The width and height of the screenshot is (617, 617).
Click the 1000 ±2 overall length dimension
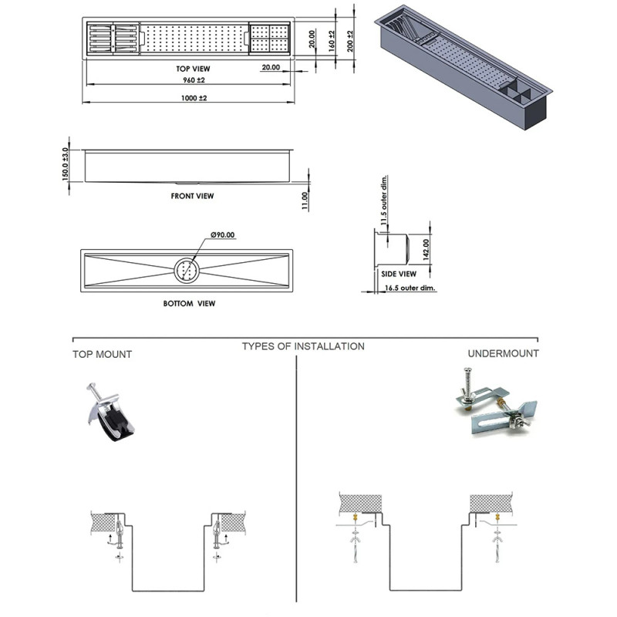pyautogui.click(x=194, y=98)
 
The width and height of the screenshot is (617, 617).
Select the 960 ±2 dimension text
pyautogui.click(x=194, y=80)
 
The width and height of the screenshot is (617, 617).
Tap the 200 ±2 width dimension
pyautogui.click(x=350, y=41)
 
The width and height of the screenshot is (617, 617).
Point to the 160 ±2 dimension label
pyautogui.click(x=332, y=41)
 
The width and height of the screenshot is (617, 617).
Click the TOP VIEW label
pyautogui.click(x=193, y=69)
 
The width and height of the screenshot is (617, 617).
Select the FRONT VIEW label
pyautogui.click(x=192, y=196)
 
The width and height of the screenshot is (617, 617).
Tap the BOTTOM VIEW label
pyautogui.click(x=189, y=303)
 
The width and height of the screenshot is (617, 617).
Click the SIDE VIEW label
pyautogui.click(x=399, y=274)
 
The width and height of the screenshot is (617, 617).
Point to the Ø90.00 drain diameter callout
pyautogui.click(x=223, y=235)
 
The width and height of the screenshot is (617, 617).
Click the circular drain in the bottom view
pyautogui.click(x=187, y=271)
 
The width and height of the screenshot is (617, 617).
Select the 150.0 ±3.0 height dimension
pyautogui.click(x=66, y=164)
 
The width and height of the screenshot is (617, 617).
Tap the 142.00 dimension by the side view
pyautogui.click(x=426, y=249)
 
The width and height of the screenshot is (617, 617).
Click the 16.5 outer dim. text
pyautogui.click(x=410, y=288)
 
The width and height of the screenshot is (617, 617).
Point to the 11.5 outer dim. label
pyautogui.click(x=384, y=200)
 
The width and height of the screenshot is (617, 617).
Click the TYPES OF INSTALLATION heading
pyautogui.click(x=303, y=346)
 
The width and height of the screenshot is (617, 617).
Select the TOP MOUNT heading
pyautogui.click(x=103, y=354)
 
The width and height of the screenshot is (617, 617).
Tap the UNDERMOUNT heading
pyautogui.click(x=504, y=353)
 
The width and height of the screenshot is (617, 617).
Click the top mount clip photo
pyautogui.click(x=110, y=412)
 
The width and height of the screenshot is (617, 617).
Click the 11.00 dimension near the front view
pyautogui.click(x=305, y=201)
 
